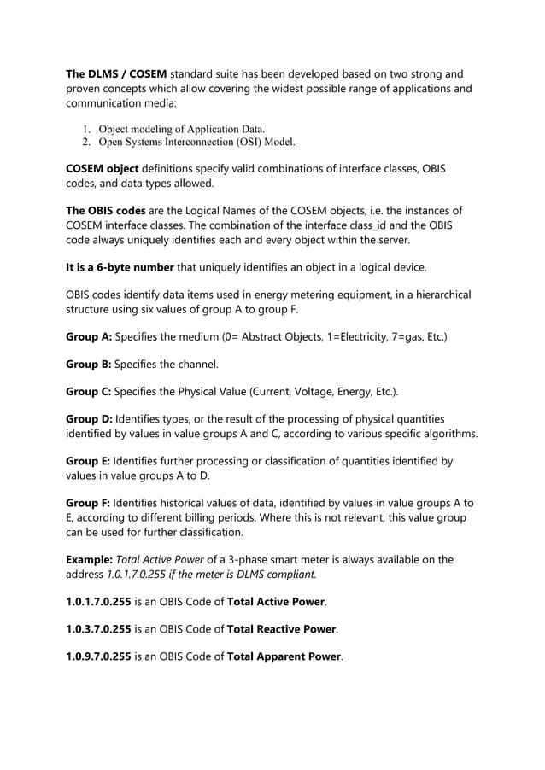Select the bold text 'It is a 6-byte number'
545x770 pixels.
click(x=121, y=266)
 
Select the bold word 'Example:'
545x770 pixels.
click(x=89, y=560)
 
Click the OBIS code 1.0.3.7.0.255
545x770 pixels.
click(x=98, y=629)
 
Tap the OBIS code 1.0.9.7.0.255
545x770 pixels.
click(x=98, y=657)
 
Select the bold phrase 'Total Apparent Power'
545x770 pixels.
click(x=284, y=657)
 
